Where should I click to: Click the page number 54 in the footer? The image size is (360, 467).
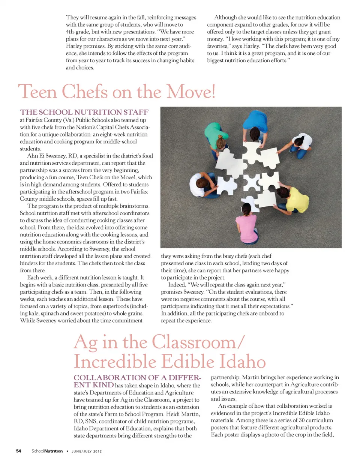click(18, 451)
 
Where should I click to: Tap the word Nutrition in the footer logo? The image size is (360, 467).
click(53, 451)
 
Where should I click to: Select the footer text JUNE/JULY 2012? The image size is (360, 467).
click(87, 451)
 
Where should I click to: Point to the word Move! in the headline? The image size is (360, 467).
click(191, 92)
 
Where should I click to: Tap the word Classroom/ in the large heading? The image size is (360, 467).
click(198, 342)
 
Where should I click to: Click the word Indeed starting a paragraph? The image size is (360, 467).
click(177, 285)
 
